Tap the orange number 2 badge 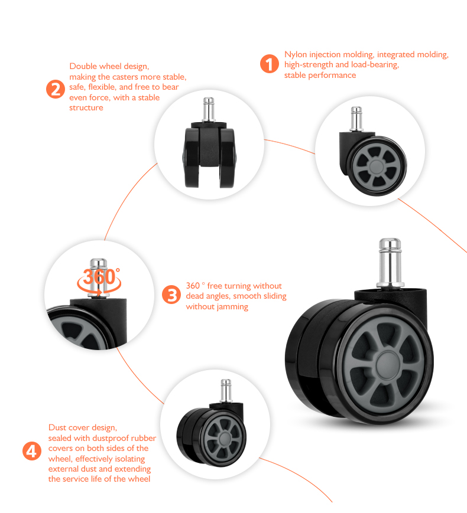[x=55, y=90]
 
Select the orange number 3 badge [x=171, y=295]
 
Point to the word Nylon [x=296, y=54]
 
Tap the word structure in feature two [x=86, y=107]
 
